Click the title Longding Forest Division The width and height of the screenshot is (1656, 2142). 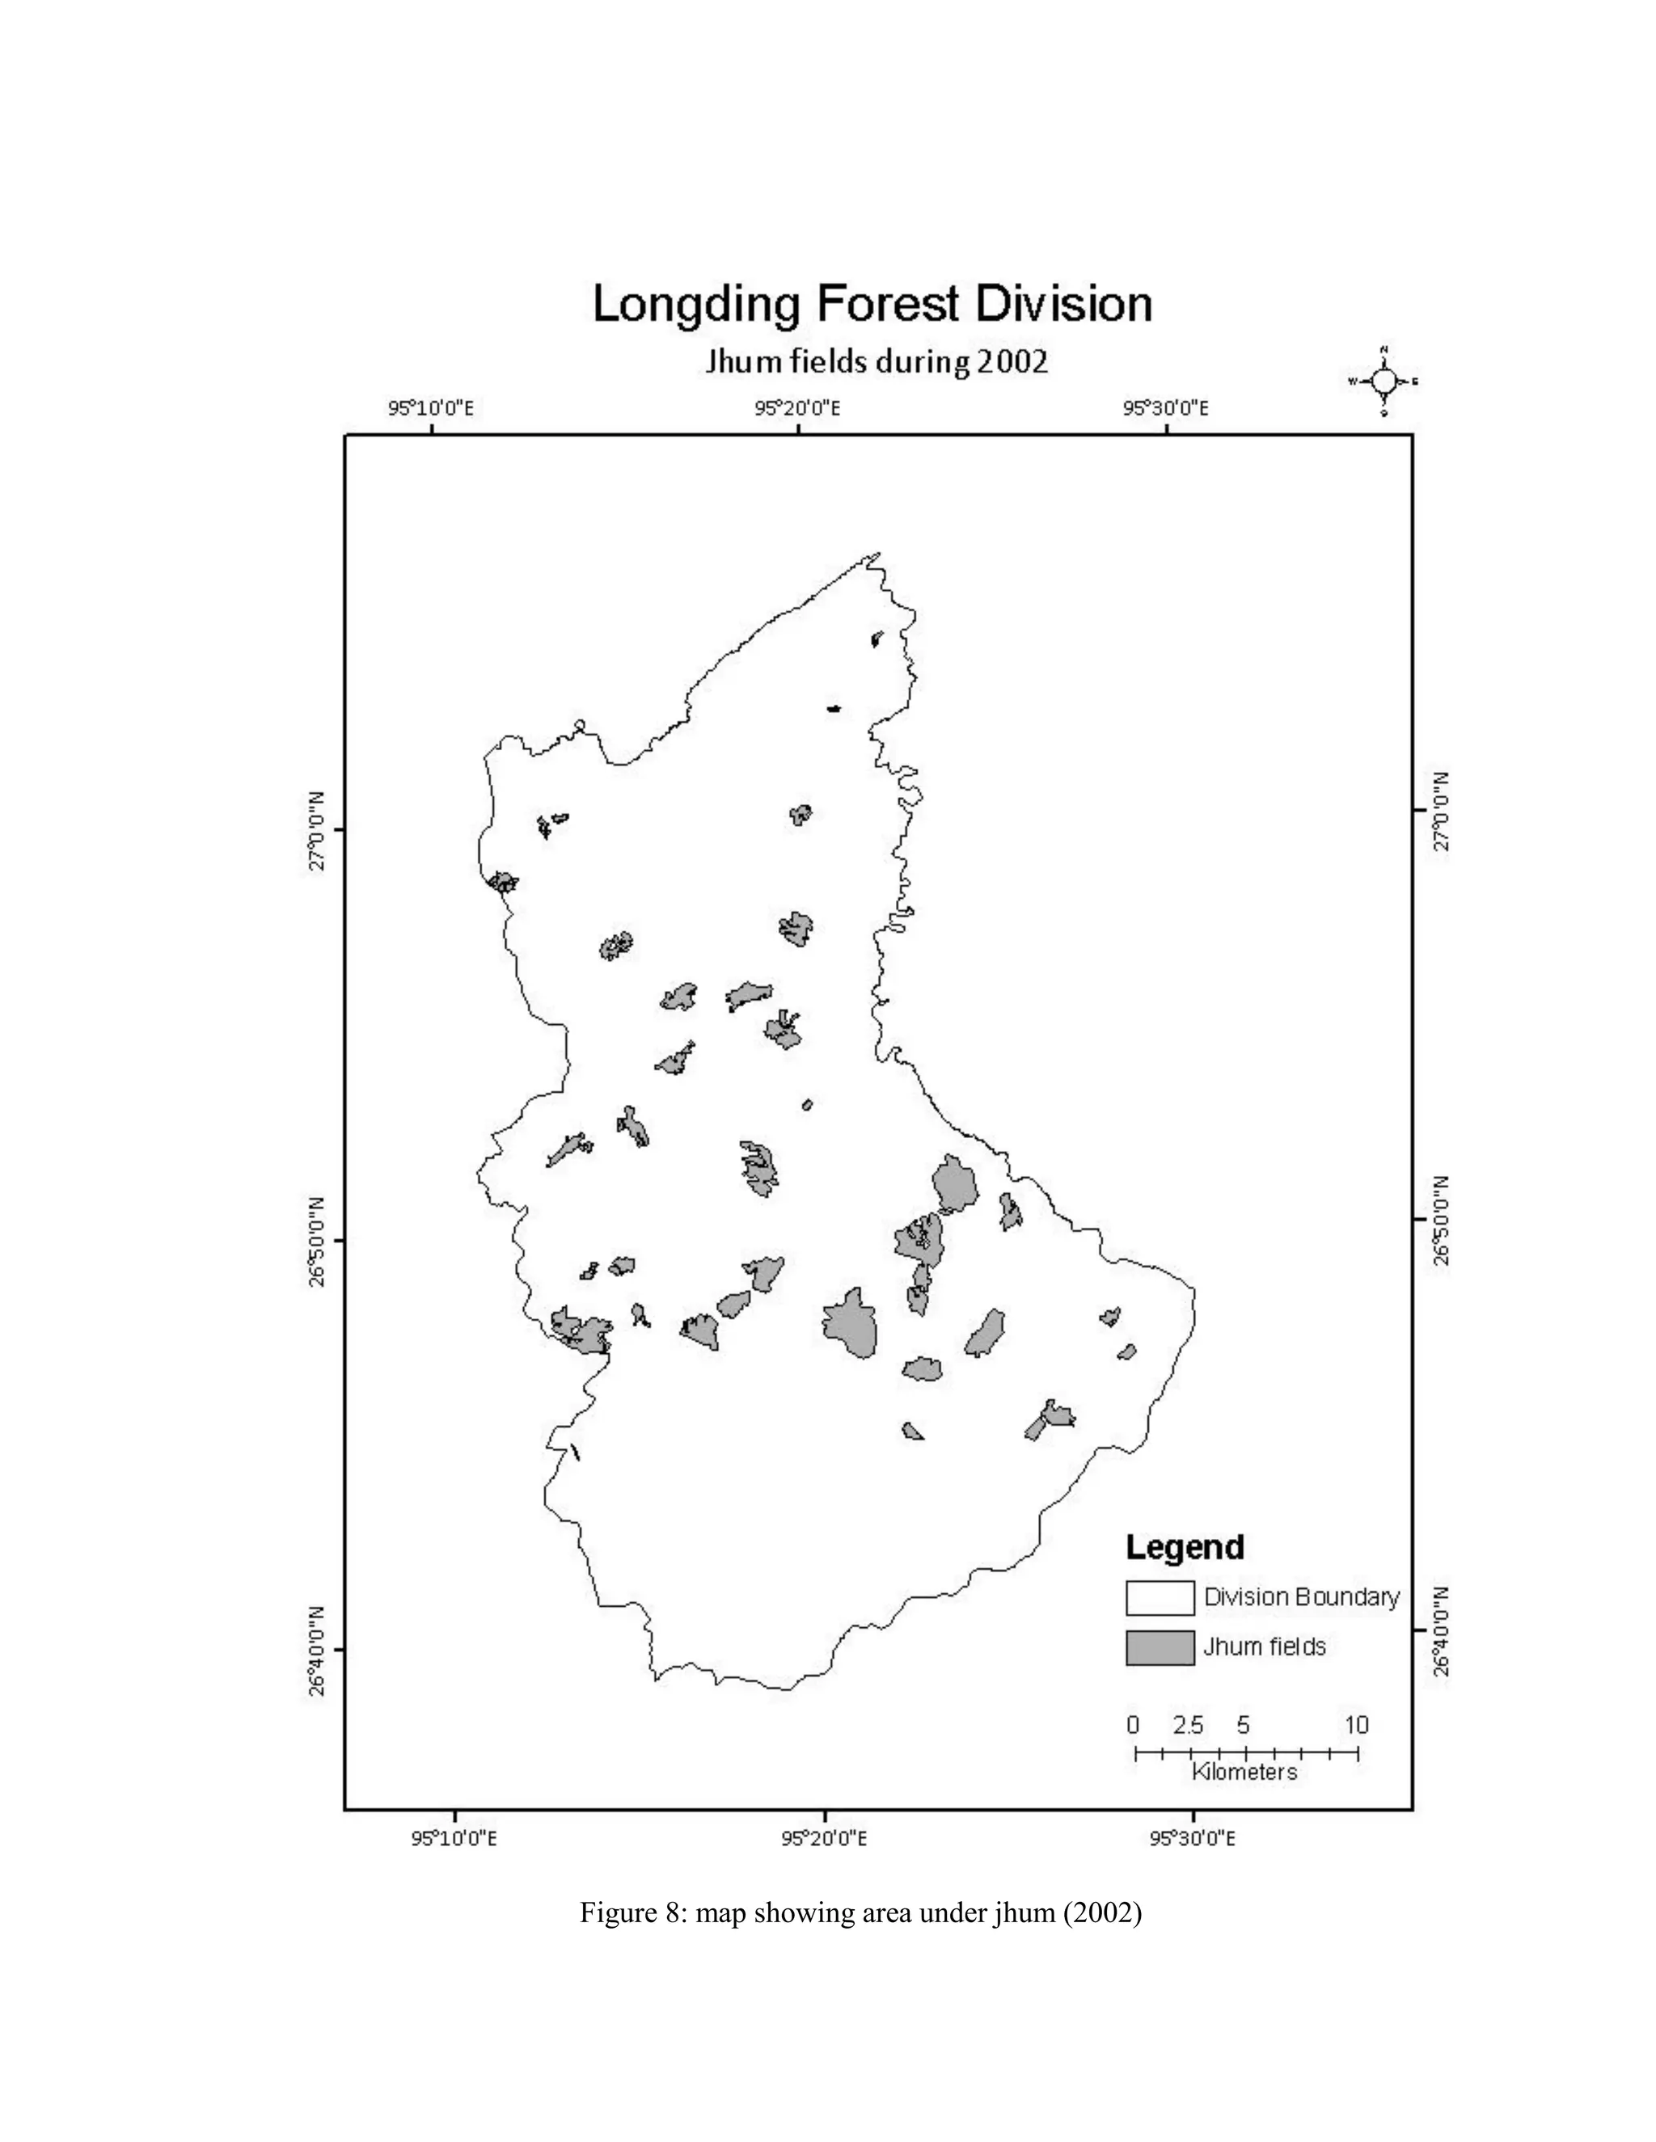click(872, 305)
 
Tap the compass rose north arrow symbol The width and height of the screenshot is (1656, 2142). click(1384, 382)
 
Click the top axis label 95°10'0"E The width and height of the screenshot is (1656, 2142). click(431, 408)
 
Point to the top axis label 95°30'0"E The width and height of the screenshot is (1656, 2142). click(1165, 408)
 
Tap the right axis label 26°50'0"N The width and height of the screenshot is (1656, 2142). click(1440, 1219)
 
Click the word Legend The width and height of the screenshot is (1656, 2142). click(1184, 1546)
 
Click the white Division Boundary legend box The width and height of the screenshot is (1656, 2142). click(1160, 1598)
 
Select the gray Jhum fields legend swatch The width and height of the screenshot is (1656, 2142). click(1160, 1647)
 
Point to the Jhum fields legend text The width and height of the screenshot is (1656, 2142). click(1265, 1647)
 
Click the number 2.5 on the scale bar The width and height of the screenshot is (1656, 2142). click(1188, 1725)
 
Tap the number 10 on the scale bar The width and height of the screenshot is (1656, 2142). click(1357, 1725)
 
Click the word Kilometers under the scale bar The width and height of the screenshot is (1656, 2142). click(1244, 1771)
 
